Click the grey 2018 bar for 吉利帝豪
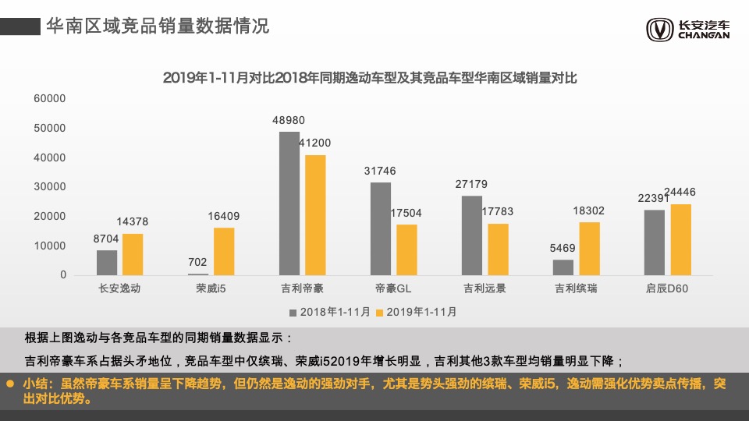click(x=289, y=203)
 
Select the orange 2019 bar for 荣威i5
click(x=224, y=251)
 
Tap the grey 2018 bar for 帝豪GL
click(x=381, y=228)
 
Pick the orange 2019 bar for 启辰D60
click(x=680, y=239)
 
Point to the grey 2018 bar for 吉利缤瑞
click(x=563, y=267)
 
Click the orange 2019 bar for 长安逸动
click(x=133, y=254)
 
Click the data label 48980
click(x=289, y=121)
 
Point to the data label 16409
click(x=223, y=217)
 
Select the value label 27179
click(x=471, y=185)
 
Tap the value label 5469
click(x=563, y=249)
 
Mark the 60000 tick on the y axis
click(x=51, y=98)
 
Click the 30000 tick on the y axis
click(x=51, y=187)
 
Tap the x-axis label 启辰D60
click(x=667, y=288)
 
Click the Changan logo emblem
click(x=659, y=30)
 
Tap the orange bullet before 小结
click(x=10, y=384)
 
